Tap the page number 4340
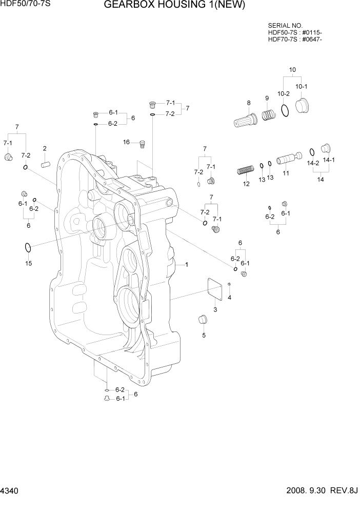coord(11,492)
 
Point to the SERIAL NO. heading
coord(285,25)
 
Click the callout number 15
coord(29,263)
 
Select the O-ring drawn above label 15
coord(28,248)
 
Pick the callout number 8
coord(249,103)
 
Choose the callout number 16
coord(126,142)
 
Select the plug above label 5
coord(203,320)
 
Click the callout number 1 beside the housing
coord(187,265)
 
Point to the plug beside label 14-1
coord(324,148)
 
